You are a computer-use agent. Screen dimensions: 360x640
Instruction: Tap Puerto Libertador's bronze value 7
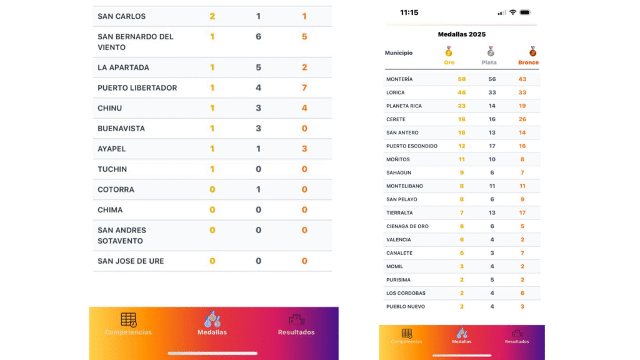tap(304, 87)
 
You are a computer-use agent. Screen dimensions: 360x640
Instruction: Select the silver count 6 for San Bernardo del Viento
tap(258, 37)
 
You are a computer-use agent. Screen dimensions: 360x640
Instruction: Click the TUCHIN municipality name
tap(112, 169)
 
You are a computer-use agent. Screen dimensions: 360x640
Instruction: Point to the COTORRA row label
tap(116, 189)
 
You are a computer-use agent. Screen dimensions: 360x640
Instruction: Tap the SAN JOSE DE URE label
tap(131, 261)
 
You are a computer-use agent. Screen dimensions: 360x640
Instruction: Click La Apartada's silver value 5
tap(258, 67)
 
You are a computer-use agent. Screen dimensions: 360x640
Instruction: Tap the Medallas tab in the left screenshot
tap(212, 324)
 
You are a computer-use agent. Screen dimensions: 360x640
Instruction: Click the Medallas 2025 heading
tap(461, 34)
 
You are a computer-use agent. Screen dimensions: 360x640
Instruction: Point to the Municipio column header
tap(399, 53)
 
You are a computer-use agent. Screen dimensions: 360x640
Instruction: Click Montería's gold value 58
tap(462, 79)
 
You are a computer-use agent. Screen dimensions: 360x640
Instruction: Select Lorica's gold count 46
tap(462, 92)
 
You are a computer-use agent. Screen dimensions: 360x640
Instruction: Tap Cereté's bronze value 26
tap(522, 119)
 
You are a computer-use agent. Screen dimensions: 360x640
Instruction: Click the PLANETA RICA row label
tap(404, 106)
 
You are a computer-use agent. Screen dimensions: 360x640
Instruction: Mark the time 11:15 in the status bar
tap(409, 12)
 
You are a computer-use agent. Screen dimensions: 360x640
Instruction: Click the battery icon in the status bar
tap(525, 12)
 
